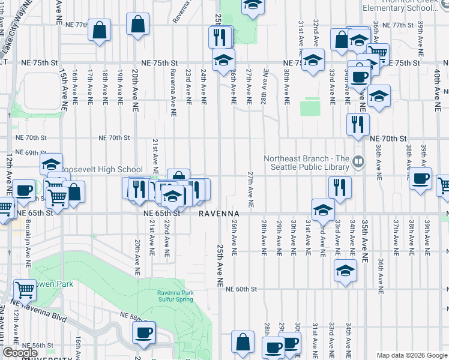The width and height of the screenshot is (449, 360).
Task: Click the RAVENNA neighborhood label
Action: coord(219,214)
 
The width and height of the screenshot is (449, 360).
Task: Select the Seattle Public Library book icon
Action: coord(358,161)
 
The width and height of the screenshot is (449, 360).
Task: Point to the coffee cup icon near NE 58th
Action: coord(143,332)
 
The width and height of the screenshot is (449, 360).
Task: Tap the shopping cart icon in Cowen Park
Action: coord(25,290)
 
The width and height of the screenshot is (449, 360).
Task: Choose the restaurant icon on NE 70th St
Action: coord(358,124)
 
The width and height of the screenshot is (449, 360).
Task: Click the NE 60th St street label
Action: coord(241,289)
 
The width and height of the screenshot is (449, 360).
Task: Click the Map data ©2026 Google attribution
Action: coord(412,355)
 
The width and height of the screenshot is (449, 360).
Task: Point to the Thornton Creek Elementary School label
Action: coord(403,8)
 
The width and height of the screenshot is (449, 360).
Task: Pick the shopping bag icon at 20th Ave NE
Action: coord(138,25)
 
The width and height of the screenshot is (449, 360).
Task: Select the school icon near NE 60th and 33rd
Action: coord(345,270)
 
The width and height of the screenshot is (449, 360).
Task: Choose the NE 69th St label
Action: coord(31,153)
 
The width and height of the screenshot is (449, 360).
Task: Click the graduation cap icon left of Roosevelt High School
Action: coord(52,164)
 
